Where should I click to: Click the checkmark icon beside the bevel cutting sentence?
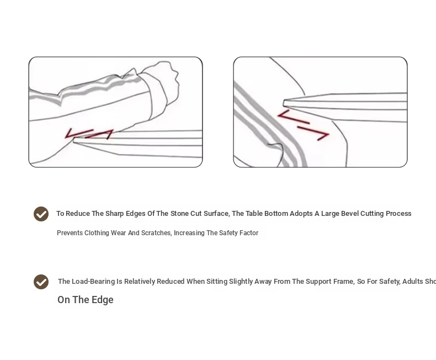(x=41, y=214)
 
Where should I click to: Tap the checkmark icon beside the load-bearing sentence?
(x=41, y=282)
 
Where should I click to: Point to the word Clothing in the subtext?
(x=97, y=233)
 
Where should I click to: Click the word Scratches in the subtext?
(x=157, y=233)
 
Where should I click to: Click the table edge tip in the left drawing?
(x=75, y=141)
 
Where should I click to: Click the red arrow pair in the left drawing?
(x=89, y=134)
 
